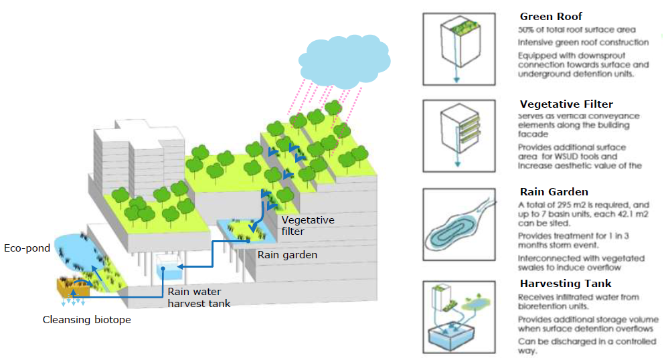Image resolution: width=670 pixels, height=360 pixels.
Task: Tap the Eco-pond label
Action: pos(27,248)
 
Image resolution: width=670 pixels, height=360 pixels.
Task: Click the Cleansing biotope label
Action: pos(86,320)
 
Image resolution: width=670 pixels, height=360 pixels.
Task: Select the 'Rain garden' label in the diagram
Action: pos(287,255)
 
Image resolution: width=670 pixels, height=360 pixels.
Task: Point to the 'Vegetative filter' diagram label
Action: pos(307,226)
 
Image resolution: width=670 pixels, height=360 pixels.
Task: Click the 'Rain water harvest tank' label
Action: pos(199,297)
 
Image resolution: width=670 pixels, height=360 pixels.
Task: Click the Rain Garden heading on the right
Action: pos(554,192)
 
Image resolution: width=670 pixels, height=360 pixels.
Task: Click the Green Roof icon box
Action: pos(458,51)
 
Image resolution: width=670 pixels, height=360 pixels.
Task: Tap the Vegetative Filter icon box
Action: pos(458,136)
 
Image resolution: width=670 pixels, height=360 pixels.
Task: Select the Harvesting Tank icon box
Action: pos(458,316)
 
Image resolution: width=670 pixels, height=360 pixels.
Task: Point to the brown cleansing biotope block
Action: pos(73,288)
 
